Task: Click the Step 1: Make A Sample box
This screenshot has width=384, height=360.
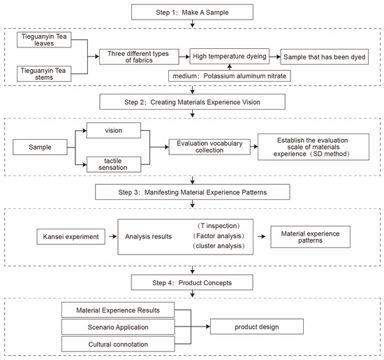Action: pyautogui.click(x=192, y=13)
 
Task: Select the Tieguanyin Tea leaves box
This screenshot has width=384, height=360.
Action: pyautogui.click(x=44, y=40)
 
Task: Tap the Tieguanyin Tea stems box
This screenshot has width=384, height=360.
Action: pyautogui.click(x=44, y=74)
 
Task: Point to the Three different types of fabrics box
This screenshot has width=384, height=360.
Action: pyautogui.click(x=139, y=57)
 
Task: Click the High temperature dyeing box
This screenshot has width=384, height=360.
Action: pyautogui.click(x=230, y=56)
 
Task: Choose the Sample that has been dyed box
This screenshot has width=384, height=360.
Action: pyautogui.click(x=325, y=57)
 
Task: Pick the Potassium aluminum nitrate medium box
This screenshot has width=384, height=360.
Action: pyautogui.click(x=230, y=76)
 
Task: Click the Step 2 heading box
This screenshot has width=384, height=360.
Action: pyautogui.click(x=192, y=102)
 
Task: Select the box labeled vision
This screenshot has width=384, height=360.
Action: pyautogui.click(x=114, y=130)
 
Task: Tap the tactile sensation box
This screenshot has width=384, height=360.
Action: pyautogui.click(x=114, y=164)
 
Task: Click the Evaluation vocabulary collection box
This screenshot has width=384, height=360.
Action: pyautogui.click(x=209, y=147)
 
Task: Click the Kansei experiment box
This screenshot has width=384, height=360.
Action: pyautogui.click(x=71, y=237)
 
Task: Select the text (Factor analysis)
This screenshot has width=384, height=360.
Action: pyautogui.click(x=219, y=236)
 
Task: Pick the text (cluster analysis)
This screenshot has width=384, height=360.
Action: pyautogui.click(x=219, y=246)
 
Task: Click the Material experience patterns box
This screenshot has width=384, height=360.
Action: pyautogui.click(x=310, y=237)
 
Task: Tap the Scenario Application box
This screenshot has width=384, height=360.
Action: pyautogui.click(x=118, y=327)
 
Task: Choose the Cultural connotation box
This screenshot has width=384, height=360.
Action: pyautogui.click(x=118, y=344)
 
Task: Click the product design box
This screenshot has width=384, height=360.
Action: pyautogui.click(x=257, y=326)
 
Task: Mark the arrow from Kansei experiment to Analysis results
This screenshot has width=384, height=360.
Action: pyautogui.click(x=112, y=236)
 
